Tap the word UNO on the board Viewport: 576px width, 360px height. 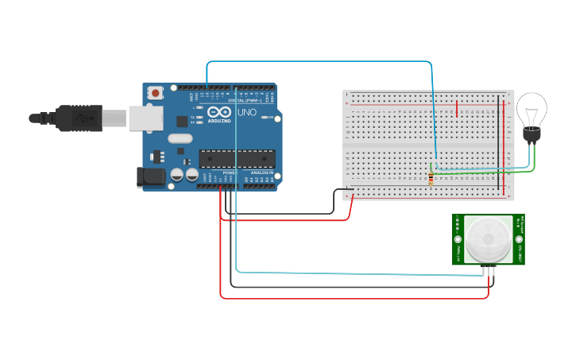pos(247,113)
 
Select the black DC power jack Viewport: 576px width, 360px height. pos(151,176)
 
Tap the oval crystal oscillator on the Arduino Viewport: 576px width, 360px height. pos(180,138)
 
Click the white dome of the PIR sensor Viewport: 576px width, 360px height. pos(488,240)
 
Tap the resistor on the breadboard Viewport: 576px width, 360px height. pos(431,177)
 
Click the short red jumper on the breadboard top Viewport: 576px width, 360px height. pos(457,106)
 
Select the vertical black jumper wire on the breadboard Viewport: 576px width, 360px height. pos(500,127)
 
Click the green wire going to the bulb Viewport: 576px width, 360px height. pos(485,171)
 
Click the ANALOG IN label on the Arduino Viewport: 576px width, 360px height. pos(262,172)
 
